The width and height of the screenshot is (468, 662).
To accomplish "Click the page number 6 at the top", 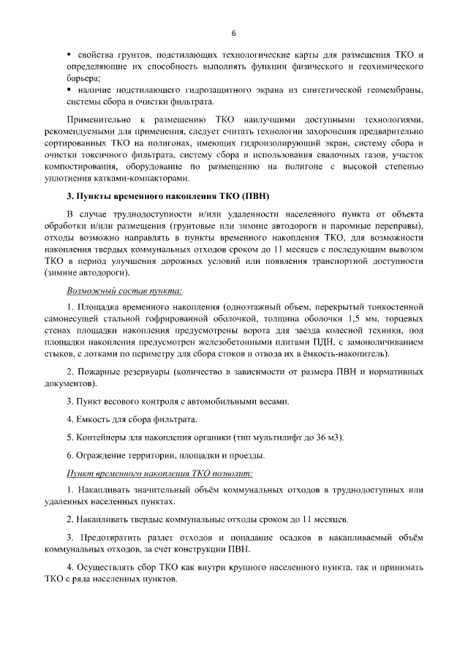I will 234,33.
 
